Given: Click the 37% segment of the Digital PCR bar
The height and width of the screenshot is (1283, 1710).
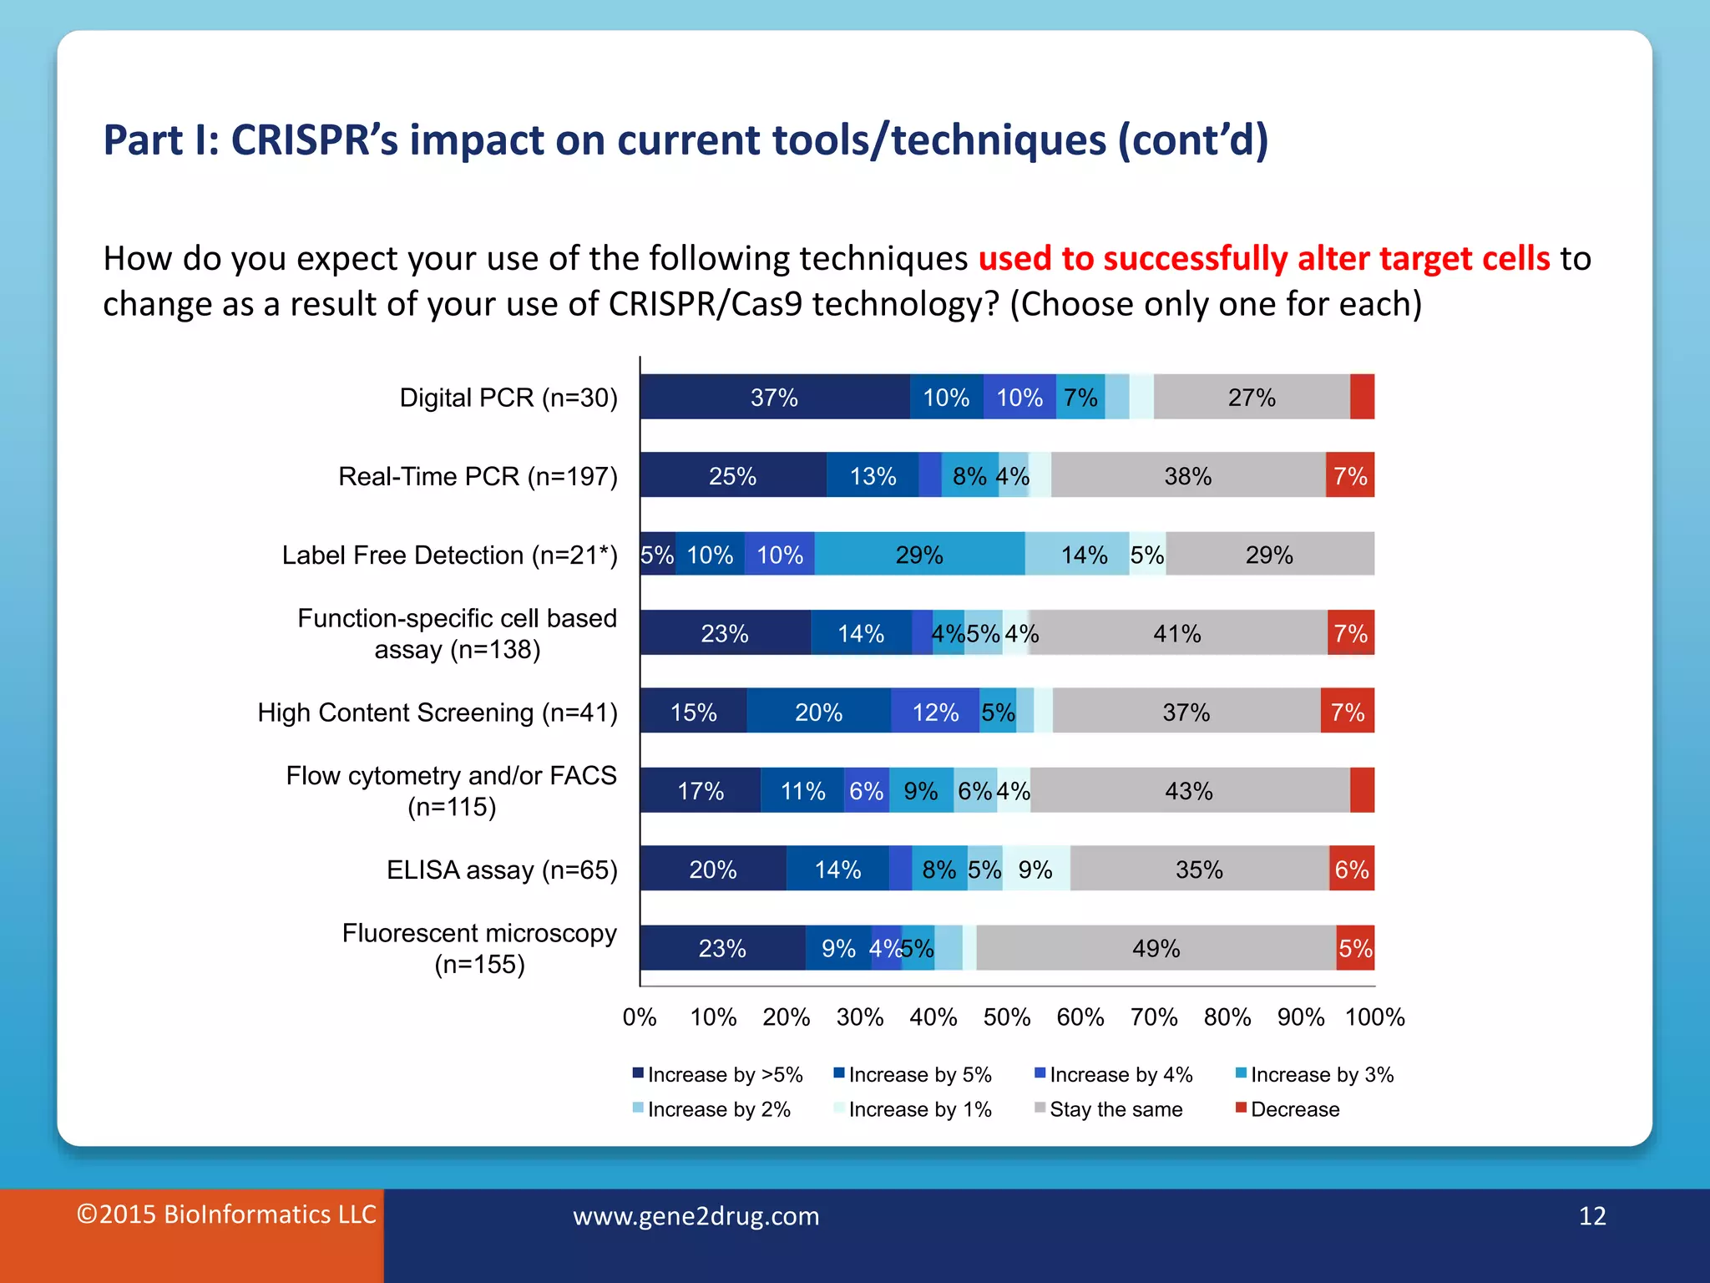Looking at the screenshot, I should [x=775, y=397].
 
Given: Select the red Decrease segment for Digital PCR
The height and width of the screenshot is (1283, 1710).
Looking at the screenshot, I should [x=1362, y=397].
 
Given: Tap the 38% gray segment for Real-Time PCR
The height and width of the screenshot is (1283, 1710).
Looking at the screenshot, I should [x=1188, y=475].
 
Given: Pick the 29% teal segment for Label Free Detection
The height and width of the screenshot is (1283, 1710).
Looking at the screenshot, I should [x=919, y=554].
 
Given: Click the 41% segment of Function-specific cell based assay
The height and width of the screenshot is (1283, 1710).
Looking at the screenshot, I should [x=1177, y=633].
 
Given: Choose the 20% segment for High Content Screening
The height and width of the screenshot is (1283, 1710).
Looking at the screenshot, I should [x=818, y=712].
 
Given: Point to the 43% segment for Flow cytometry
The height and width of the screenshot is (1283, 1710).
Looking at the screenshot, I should [x=1189, y=790].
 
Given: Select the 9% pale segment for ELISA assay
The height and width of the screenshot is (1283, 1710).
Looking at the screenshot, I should [x=1035, y=869].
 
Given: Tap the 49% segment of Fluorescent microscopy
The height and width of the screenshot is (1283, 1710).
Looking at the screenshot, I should [x=1156, y=948].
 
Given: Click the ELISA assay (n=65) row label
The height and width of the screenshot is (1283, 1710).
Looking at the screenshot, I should [x=502, y=870].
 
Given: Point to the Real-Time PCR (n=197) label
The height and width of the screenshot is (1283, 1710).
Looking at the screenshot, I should [x=478, y=476].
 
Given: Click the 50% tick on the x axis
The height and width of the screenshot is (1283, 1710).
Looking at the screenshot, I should [x=1007, y=1017].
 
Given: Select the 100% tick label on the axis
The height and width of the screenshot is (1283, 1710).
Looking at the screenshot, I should [x=1374, y=1017].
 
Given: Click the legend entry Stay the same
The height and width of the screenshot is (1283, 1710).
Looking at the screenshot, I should [x=1116, y=1109].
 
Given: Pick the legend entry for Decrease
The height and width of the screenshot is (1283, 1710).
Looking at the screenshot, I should [x=1294, y=1109].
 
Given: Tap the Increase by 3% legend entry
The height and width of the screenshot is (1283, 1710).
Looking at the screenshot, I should [x=1322, y=1074].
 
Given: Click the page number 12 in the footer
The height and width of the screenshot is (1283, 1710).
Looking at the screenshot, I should [x=1592, y=1215].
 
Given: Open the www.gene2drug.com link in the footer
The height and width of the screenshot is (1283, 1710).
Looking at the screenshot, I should [x=696, y=1216].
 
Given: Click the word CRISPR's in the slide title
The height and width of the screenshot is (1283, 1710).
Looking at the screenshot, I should [x=314, y=139].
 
